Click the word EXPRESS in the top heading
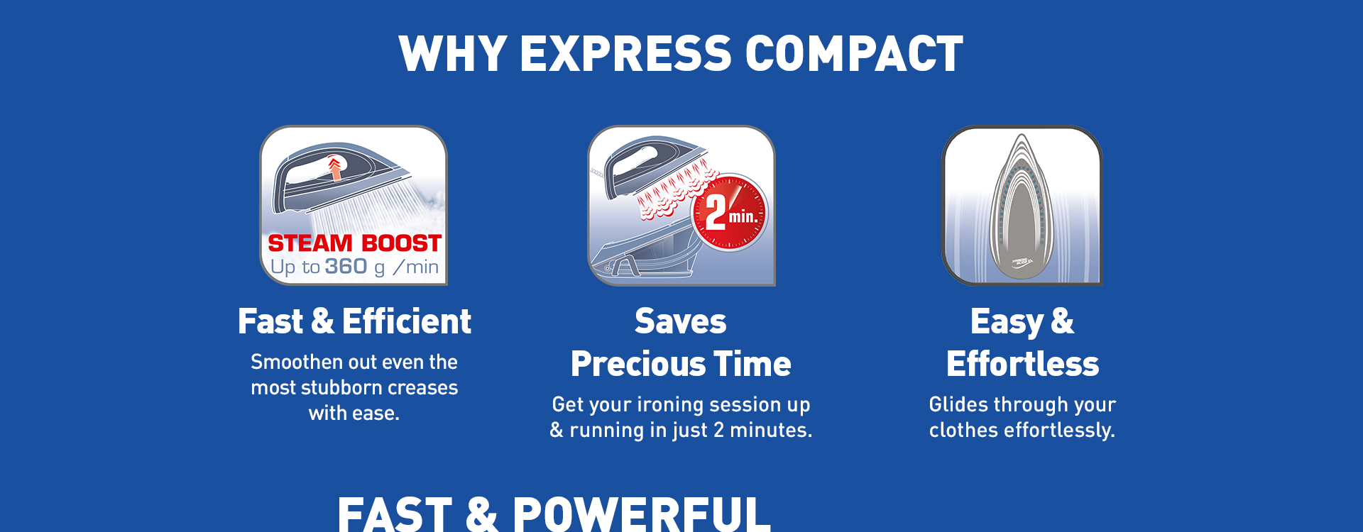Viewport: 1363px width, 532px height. click(625, 54)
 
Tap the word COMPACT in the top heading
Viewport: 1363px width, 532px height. click(854, 54)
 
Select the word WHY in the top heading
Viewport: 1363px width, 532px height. click(453, 54)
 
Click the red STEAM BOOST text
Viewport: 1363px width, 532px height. click(354, 243)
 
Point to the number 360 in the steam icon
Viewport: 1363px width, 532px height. click(346, 266)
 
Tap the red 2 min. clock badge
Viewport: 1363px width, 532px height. click(730, 213)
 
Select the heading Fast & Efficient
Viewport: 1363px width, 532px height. click(354, 321)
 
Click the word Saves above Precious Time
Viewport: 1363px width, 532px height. click(681, 321)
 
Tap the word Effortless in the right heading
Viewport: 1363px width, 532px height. click(1022, 364)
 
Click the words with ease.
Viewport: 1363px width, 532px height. click(354, 413)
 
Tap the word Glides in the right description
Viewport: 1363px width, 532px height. click(958, 404)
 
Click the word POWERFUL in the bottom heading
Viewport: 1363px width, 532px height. click(641, 514)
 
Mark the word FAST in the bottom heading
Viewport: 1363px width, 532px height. click(395, 514)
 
